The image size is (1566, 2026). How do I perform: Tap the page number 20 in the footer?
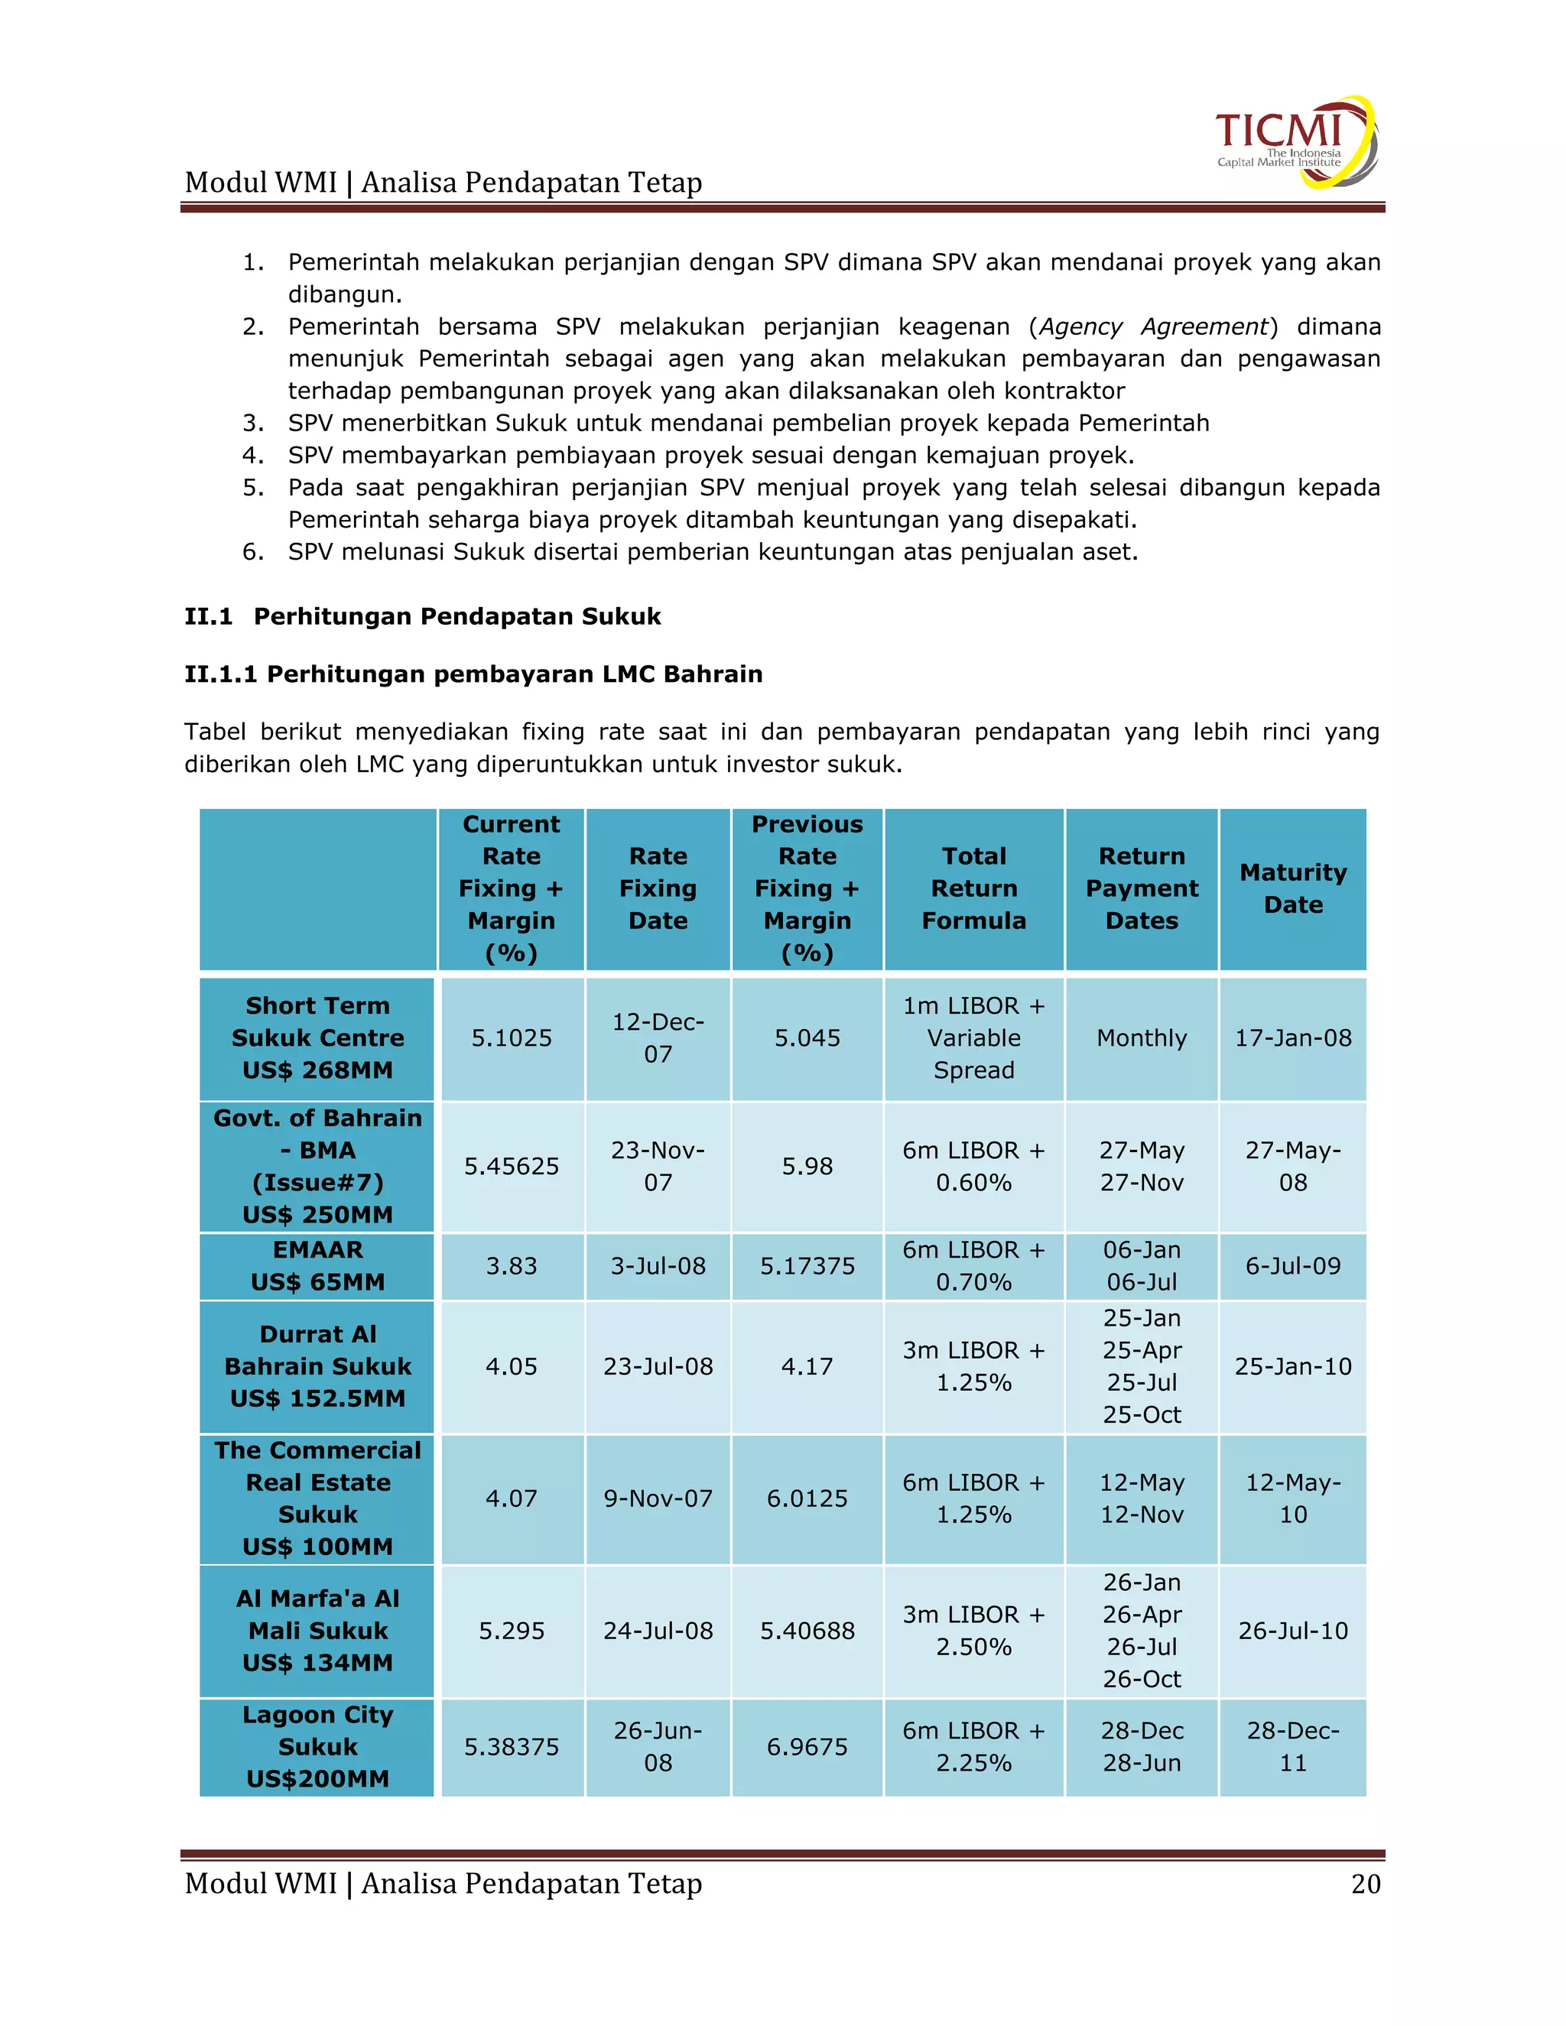[x=1365, y=1884]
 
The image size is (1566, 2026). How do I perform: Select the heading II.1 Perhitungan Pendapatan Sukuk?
[x=422, y=617]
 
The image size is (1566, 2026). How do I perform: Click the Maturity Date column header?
[x=1292, y=888]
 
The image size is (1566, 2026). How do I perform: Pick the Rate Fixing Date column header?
[x=658, y=888]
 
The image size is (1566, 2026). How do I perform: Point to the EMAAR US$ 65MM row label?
[x=317, y=1266]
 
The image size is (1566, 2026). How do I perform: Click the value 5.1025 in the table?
[x=512, y=1038]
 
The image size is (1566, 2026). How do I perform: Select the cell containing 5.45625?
[x=512, y=1166]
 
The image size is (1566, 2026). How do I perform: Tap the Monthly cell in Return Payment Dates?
[x=1141, y=1038]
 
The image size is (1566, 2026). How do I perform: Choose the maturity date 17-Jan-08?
[x=1292, y=1038]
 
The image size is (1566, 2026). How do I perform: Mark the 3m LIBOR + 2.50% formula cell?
[x=973, y=1631]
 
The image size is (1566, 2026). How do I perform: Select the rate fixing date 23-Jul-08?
[x=658, y=1366]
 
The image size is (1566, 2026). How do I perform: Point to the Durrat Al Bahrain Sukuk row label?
[x=317, y=1366]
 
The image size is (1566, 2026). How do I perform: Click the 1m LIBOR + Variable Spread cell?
[x=973, y=1038]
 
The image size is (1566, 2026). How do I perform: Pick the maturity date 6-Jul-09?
[x=1292, y=1266]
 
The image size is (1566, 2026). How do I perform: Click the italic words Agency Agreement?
[x=1153, y=326]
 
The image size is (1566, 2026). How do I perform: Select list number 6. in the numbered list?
[x=253, y=552]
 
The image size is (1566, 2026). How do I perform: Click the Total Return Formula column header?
[x=973, y=888]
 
